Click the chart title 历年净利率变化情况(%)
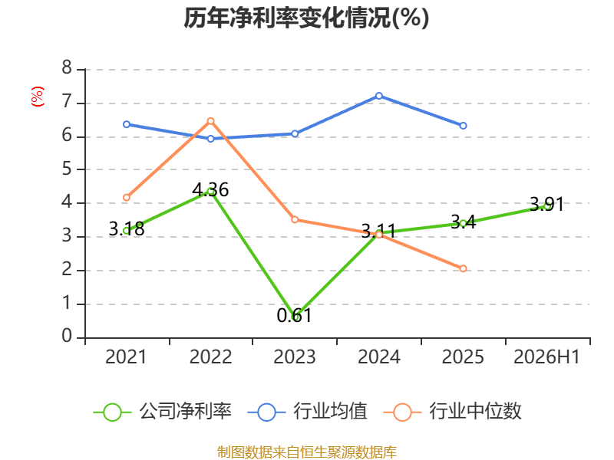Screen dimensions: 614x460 [x=306, y=18]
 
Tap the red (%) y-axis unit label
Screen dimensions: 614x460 [x=37, y=97]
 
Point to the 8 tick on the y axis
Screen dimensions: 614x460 [x=67, y=67]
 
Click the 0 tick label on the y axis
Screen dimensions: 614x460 [x=67, y=336]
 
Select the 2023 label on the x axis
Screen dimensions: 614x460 [x=295, y=356]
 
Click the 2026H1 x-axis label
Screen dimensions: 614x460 [x=546, y=356]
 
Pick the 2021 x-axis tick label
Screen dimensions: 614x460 [x=126, y=356]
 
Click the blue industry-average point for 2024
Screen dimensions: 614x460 [x=378, y=96]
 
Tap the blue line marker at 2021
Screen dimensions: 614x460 [x=127, y=124]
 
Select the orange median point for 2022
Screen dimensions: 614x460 [x=210, y=121]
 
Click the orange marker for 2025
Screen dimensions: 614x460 [x=463, y=268]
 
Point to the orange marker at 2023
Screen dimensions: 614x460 [x=295, y=220]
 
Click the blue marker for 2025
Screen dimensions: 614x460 [x=463, y=126]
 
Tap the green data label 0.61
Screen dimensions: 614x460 [x=294, y=316]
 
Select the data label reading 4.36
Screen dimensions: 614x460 [x=210, y=189]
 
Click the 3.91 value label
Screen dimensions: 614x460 [x=546, y=204]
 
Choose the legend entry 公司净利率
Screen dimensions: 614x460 [x=163, y=412]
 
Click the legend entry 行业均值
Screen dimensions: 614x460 [x=308, y=412]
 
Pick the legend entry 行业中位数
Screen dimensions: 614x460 [x=452, y=412]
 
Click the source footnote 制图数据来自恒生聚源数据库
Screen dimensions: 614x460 [x=306, y=452]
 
